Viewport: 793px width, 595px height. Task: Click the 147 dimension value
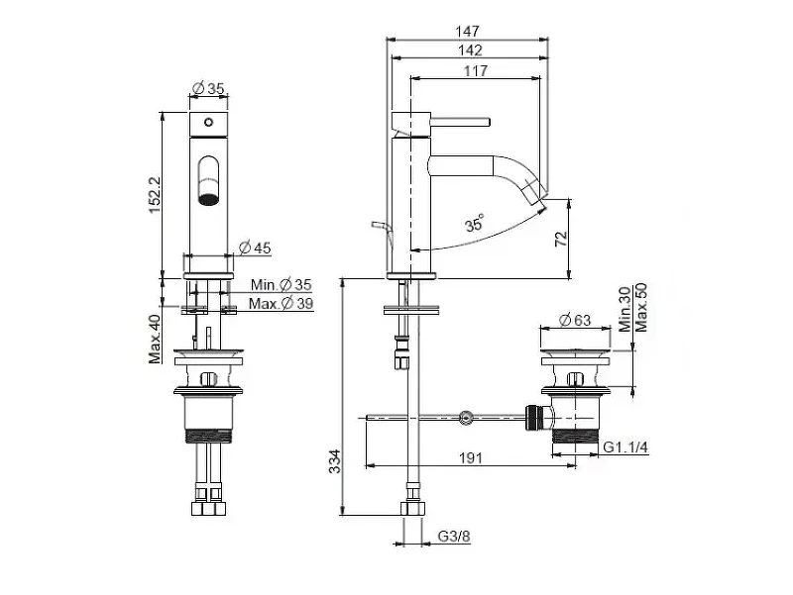467,32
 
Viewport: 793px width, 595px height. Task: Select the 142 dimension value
470,50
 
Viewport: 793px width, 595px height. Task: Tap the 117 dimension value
476,70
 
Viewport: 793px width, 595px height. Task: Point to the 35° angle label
475,223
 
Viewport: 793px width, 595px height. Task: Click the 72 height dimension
561,239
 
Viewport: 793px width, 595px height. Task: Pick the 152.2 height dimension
155,194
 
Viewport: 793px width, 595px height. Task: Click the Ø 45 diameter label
255,248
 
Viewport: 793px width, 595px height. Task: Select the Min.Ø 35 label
282,285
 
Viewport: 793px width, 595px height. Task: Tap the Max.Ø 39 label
281,304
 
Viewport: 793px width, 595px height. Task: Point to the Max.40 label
155,339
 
